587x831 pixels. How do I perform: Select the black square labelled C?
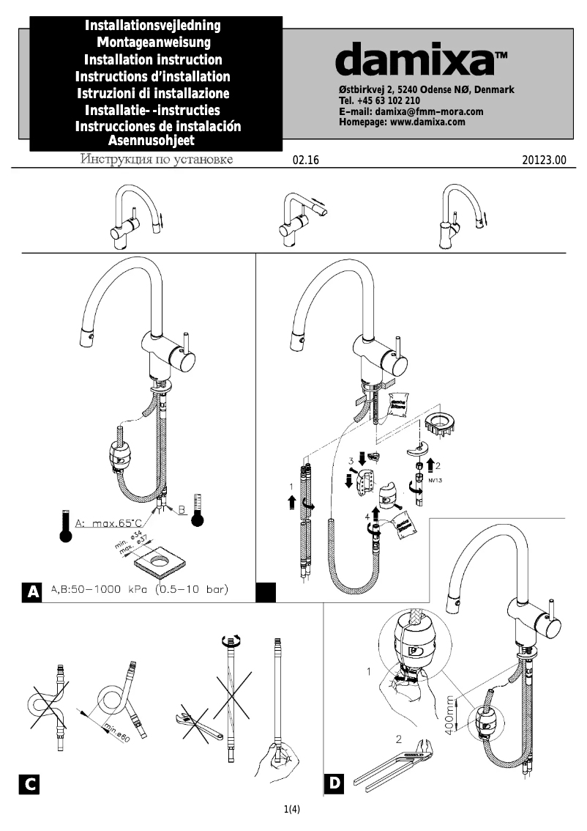[29, 784]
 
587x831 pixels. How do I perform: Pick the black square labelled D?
[334, 783]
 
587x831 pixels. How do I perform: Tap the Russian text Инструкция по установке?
[157, 160]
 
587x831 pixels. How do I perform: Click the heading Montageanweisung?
[154, 43]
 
